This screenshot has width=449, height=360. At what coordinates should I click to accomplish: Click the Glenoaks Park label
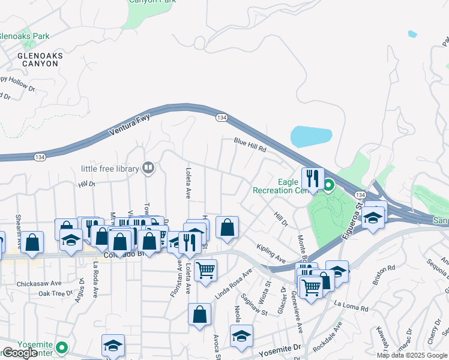[25, 36]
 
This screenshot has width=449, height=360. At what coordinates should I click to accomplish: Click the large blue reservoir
[311, 135]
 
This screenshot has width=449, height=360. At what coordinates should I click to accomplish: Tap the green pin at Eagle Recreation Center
[328, 185]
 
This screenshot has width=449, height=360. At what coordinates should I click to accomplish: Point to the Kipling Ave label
[270, 253]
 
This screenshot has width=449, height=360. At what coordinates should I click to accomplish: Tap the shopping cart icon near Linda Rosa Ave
[206, 271]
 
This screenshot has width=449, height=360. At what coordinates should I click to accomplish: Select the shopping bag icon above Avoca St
[199, 314]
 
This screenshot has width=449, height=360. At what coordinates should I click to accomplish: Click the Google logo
[20, 353]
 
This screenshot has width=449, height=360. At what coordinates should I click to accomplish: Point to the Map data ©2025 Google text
[411, 355]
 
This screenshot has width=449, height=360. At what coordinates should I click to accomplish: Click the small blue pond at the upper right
[412, 34]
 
